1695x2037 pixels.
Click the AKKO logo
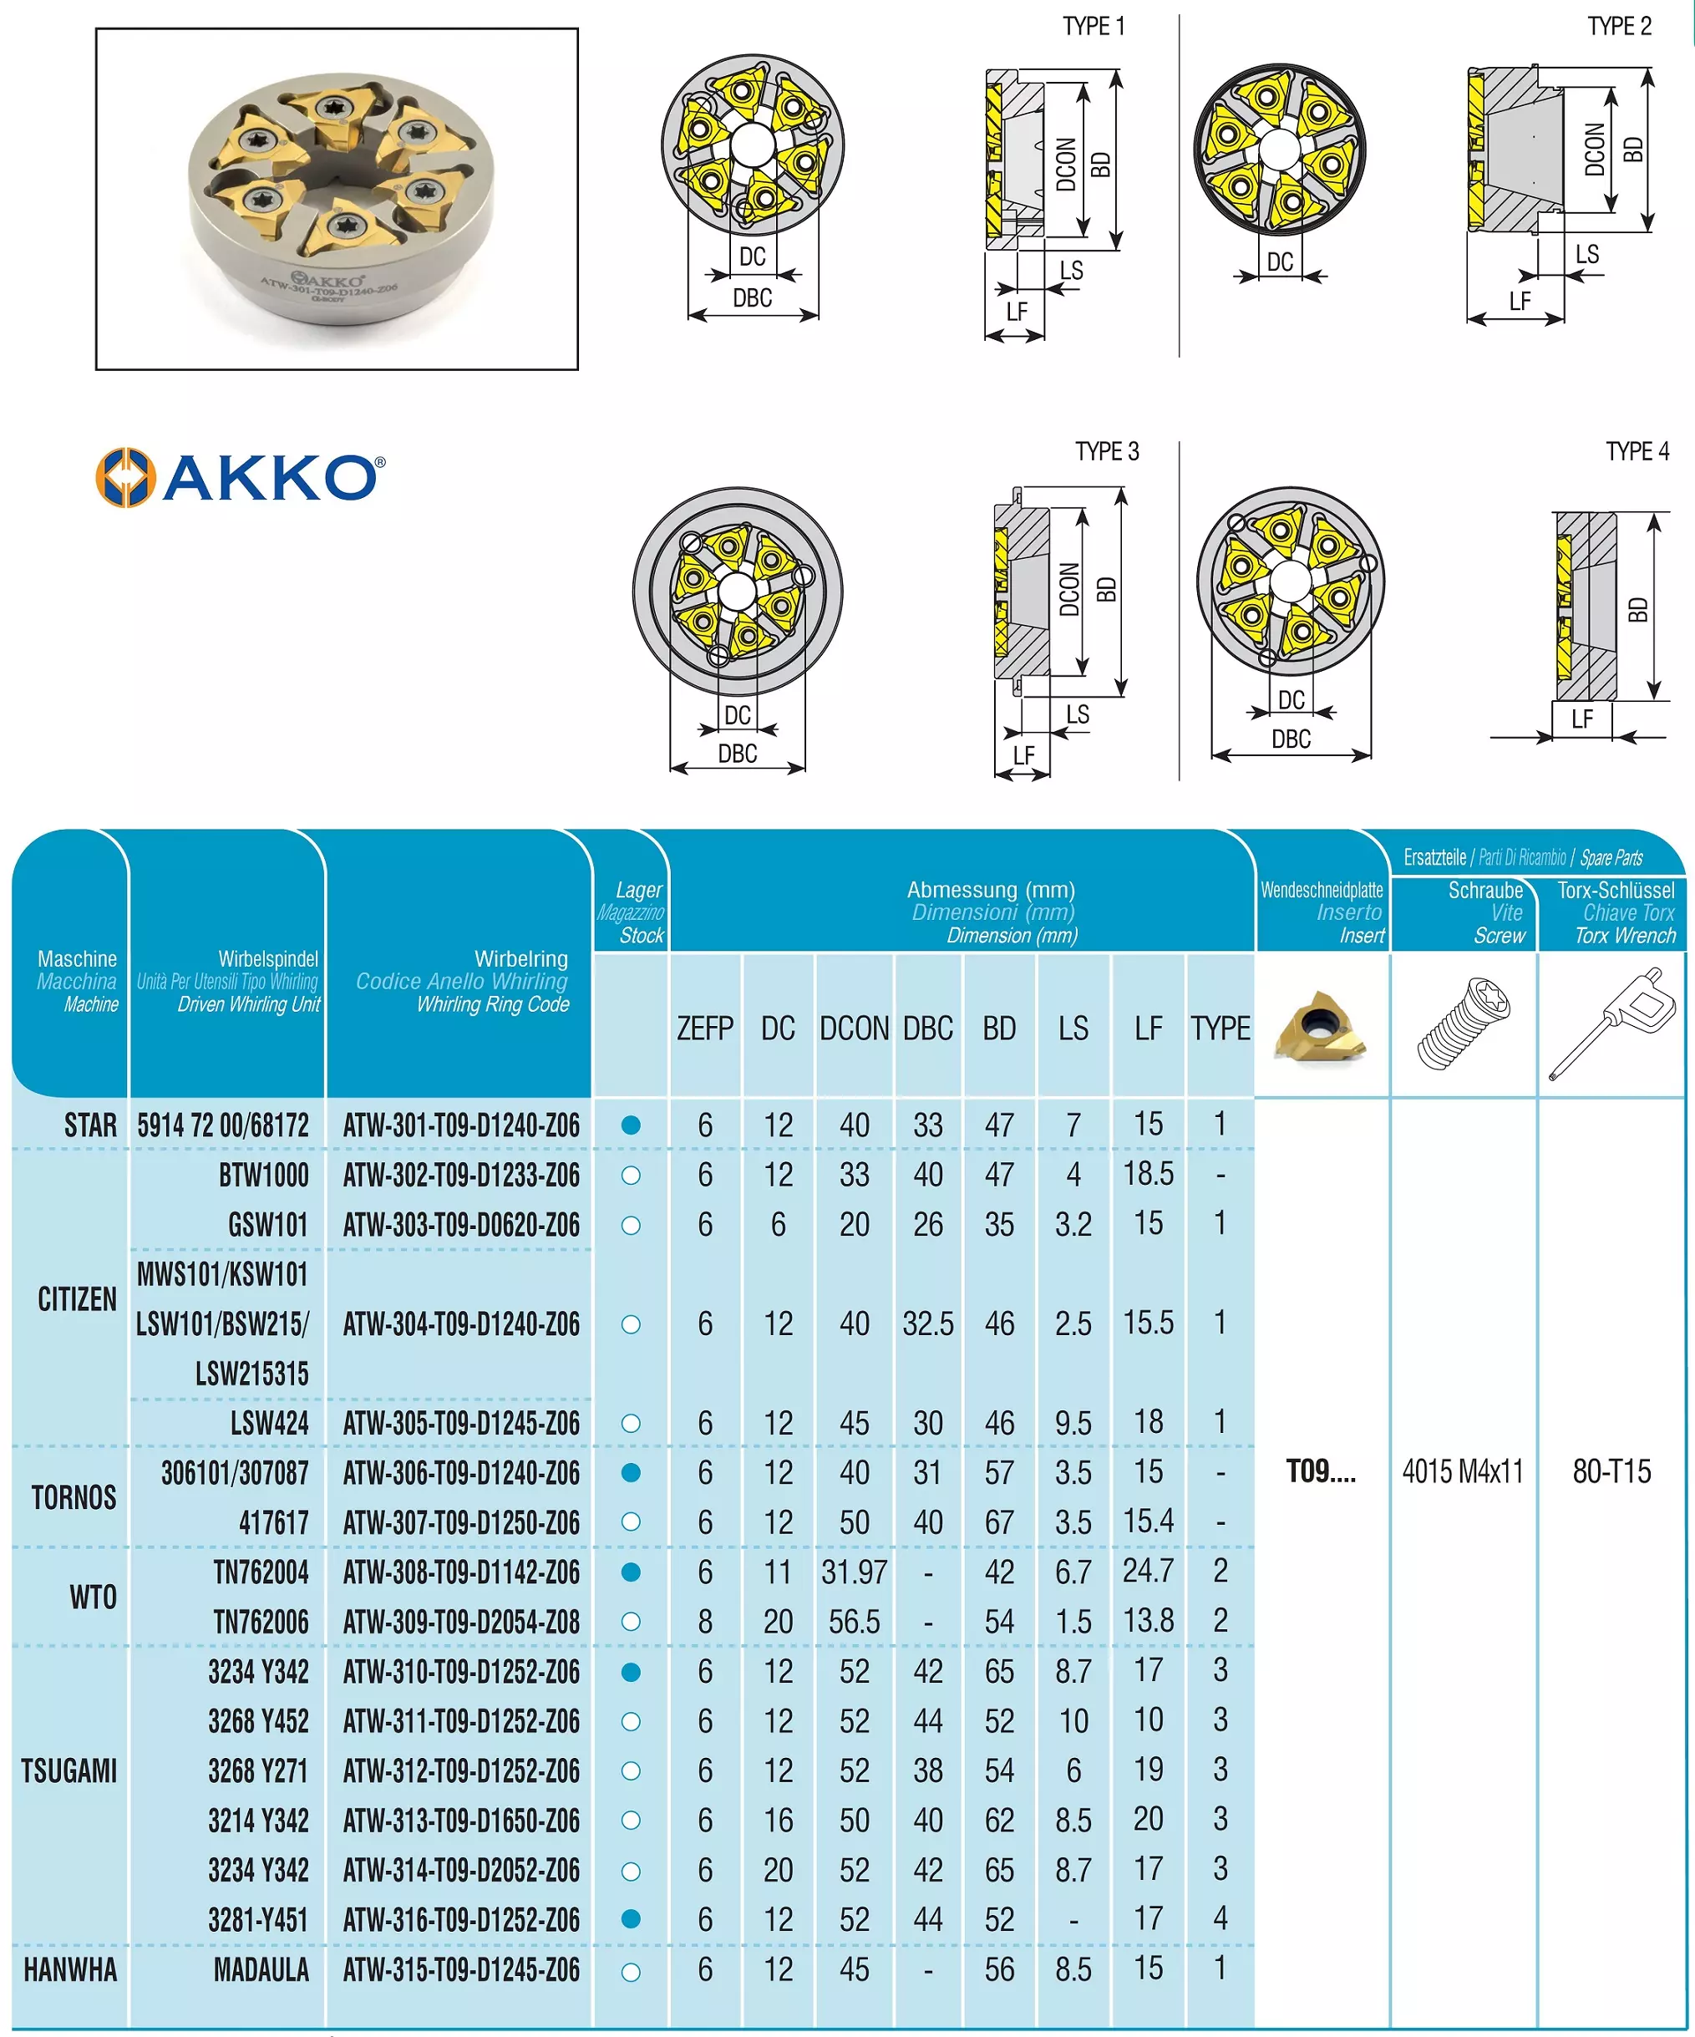click(x=241, y=477)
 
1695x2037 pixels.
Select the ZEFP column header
click(x=705, y=1029)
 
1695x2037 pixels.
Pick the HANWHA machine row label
click(x=70, y=1970)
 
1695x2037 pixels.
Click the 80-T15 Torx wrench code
click(x=1611, y=1471)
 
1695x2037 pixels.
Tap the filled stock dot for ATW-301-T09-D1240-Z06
click(x=630, y=1125)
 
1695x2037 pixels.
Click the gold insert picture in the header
click(x=1321, y=1026)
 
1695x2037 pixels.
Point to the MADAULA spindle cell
click(x=261, y=1970)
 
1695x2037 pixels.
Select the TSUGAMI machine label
click(x=69, y=1771)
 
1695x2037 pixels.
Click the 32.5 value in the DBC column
click(x=928, y=1324)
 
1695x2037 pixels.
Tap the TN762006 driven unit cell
click(x=261, y=1622)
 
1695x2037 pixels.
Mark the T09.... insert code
click(x=1321, y=1471)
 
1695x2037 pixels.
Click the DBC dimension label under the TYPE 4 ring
click(x=1291, y=739)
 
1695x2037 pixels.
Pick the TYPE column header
click(x=1220, y=1029)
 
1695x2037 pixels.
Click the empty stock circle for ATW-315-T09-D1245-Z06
click(x=630, y=1972)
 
